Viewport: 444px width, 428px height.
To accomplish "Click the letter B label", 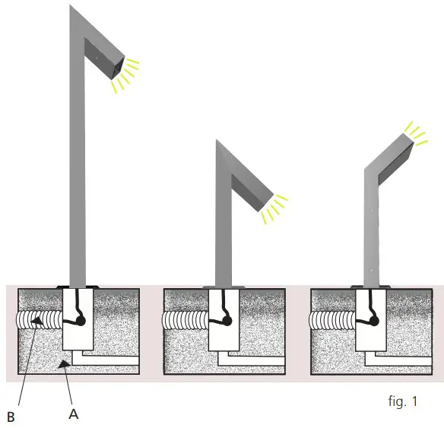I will [11, 416].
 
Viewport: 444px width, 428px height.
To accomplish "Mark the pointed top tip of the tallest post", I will [71, 7].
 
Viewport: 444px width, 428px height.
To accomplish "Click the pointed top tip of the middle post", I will [217, 141].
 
